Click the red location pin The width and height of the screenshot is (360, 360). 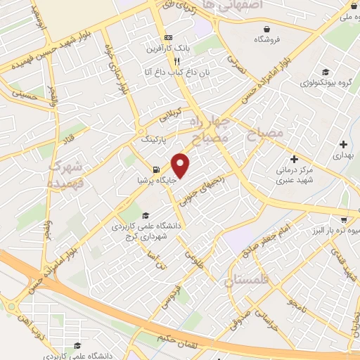[181, 165]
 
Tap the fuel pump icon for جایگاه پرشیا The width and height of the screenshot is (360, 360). [155, 169]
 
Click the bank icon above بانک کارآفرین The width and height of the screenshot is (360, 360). [167, 37]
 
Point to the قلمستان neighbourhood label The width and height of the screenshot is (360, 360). [250, 282]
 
